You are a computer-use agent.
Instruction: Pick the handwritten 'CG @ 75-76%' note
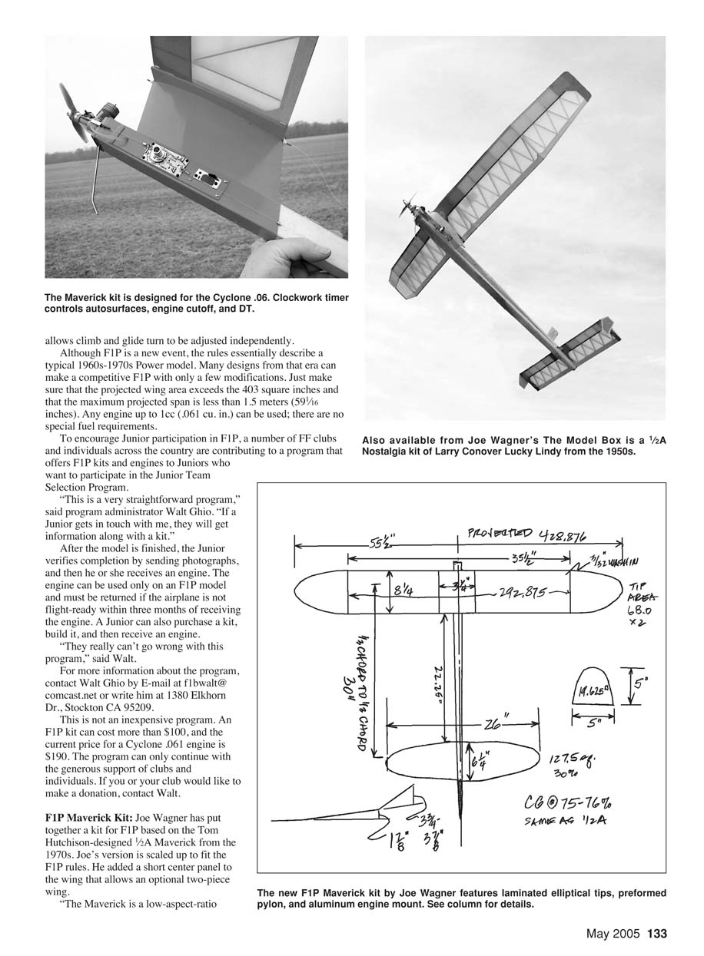click(x=561, y=807)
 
